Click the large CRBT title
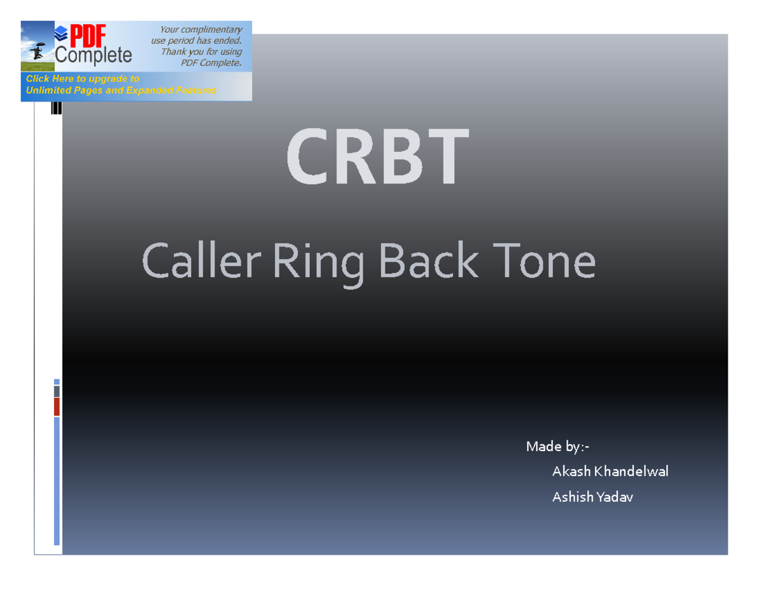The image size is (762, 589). tap(378, 158)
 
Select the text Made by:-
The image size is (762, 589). tap(558, 447)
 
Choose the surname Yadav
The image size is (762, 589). tap(615, 498)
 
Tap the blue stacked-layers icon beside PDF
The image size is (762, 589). tap(62, 33)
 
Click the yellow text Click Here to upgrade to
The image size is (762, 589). tap(82, 79)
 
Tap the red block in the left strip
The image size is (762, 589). tap(57, 407)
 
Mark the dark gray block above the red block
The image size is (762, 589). tap(57, 391)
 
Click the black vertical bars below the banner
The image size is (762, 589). tap(57, 109)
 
